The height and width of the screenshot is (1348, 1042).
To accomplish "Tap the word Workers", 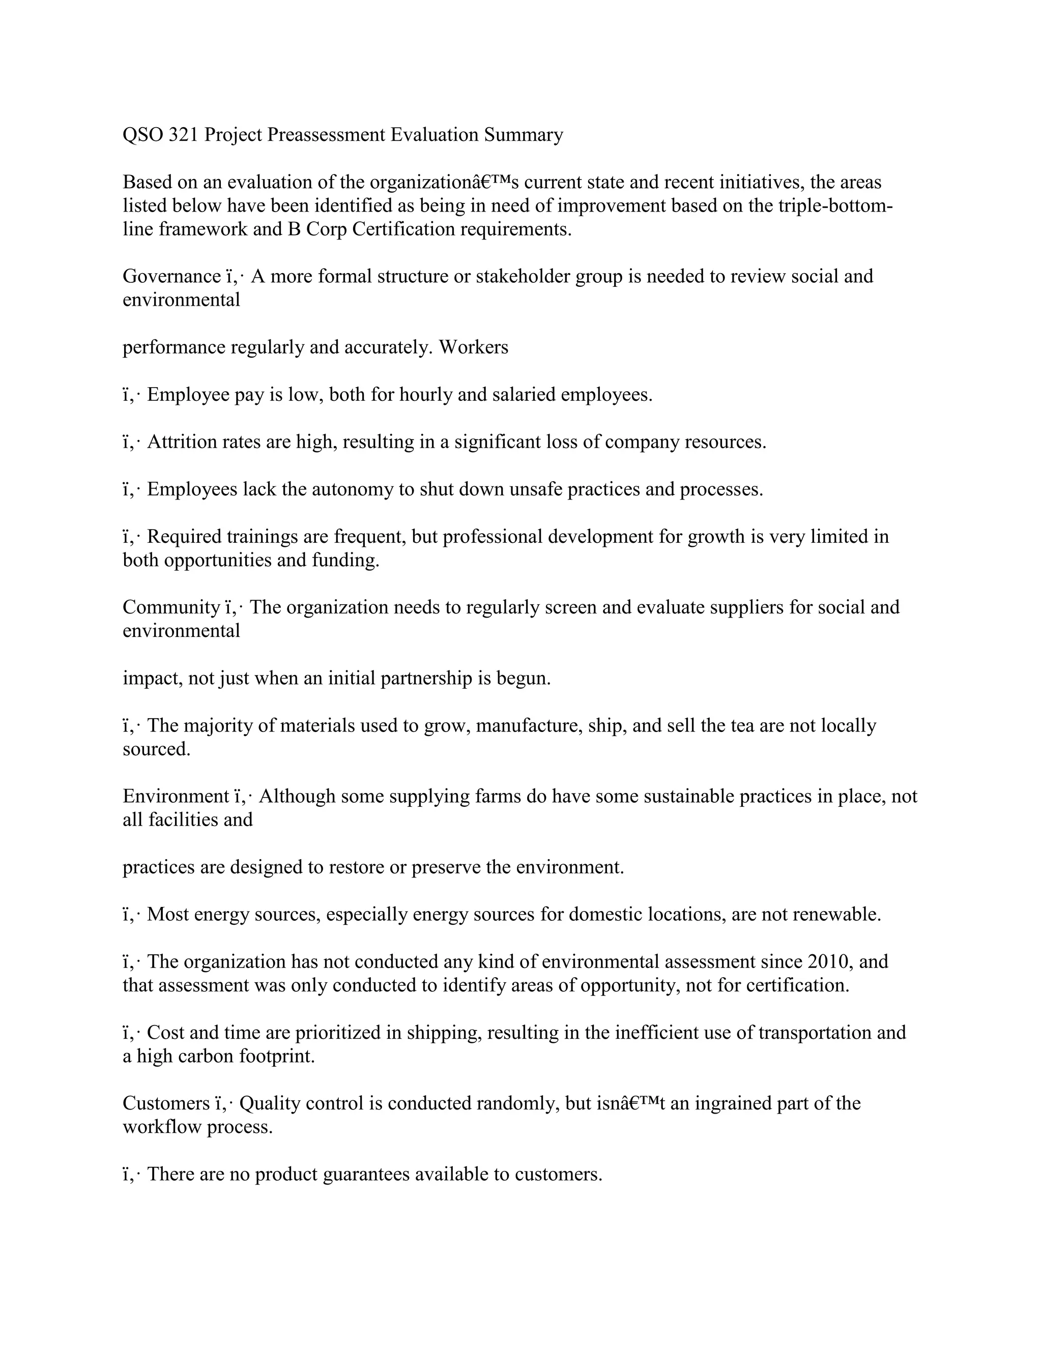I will pyautogui.click(x=474, y=347).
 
